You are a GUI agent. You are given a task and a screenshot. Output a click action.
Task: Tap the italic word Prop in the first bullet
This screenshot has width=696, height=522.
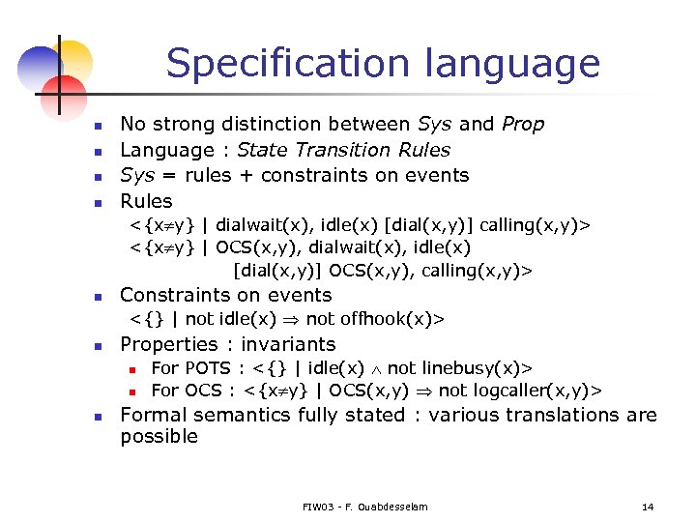522,125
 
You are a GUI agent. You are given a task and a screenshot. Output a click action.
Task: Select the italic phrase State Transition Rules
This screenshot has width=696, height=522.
343,150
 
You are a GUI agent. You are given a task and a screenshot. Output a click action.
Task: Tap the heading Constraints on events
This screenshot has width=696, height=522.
225,295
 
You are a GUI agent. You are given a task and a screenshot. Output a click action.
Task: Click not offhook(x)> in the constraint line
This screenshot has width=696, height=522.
396,319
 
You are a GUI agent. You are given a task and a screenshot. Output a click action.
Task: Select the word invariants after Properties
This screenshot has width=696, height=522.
288,344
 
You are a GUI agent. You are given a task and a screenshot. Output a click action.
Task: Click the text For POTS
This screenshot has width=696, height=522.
190,368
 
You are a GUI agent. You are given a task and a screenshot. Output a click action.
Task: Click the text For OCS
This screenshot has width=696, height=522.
187,391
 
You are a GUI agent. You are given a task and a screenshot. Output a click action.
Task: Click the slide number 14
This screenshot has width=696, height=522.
647,507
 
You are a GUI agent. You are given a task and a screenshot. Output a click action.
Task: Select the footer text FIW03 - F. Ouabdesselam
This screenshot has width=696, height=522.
364,507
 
